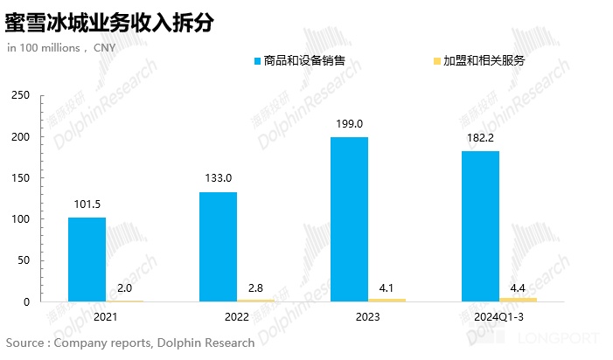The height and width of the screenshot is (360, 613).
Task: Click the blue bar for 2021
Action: coord(87,260)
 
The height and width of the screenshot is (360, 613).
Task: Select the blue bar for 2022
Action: coord(218,246)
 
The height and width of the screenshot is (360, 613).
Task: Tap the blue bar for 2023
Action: coord(349,219)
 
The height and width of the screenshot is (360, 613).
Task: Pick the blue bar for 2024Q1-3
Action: coord(480,226)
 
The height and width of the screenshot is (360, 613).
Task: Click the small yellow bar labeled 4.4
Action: coord(519,300)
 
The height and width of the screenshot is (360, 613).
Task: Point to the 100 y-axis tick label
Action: coord(21,219)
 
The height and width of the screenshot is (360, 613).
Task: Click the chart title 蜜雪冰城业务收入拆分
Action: coord(109,21)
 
